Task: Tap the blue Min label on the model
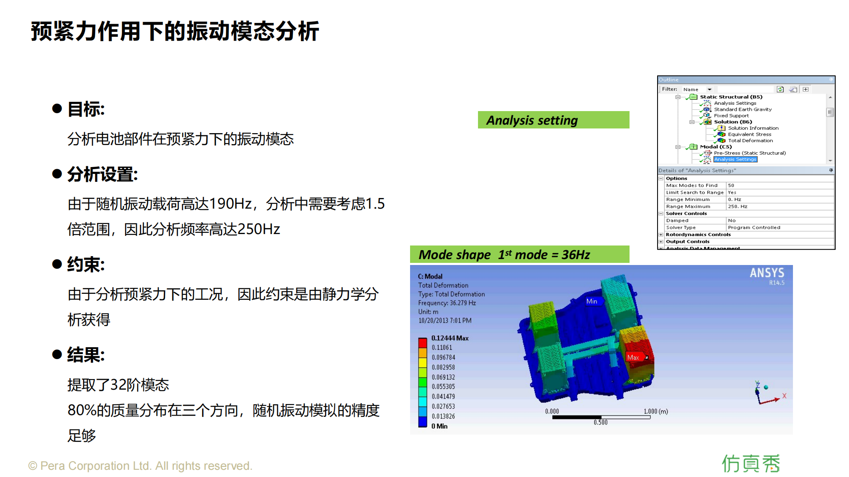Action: (x=592, y=301)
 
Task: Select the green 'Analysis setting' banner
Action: (x=554, y=120)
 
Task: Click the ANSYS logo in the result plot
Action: (x=767, y=273)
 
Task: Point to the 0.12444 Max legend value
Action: (x=450, y=338)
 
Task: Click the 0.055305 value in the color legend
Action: (x=443, y=387)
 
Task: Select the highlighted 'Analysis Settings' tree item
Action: (x=735, y=159)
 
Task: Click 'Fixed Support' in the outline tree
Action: (x=731, y=116)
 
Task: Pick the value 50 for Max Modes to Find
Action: (x=731, y=185)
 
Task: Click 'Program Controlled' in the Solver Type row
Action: (x=754, y=228)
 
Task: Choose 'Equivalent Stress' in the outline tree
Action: (x=750, y=134)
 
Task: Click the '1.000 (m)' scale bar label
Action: (x=656, y=411)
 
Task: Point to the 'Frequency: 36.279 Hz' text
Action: (x=447, y=303)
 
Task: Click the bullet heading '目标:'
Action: (x=86, y=109)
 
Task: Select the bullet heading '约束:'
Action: (x=86, y=265)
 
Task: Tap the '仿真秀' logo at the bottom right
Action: (x=751, y=463)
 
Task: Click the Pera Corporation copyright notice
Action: (x=141, y=466)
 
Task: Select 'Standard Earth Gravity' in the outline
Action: (x=743, y=109)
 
